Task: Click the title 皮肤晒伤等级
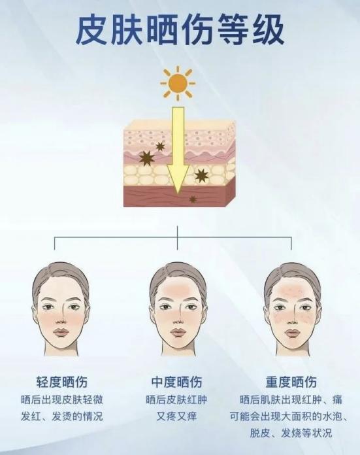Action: click(x=180, y=30)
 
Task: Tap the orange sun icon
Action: click(x=178, y=82)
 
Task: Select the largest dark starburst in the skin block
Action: click(x=146, y=158)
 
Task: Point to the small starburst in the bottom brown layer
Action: click(x=193, y=199)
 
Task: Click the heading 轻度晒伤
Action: click(x=61, y=382)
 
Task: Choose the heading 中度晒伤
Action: click(x=176, y=382)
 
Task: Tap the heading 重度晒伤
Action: click(x=291, y=382)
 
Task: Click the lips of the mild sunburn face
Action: click(x=61, y=332)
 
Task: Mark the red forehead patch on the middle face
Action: click(x=177, y=289)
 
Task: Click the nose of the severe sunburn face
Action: click(x=292, y=317)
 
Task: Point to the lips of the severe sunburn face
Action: click(x=292, y=332)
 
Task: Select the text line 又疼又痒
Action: click(x=176, y=416)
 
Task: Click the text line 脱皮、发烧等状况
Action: click(x=291, y=433)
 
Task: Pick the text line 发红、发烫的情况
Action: click(x=61, y=416)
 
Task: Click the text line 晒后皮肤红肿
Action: click(x=176, y=400)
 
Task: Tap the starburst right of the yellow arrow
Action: click(x=201, y=175)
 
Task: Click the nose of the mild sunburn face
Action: click(x=61, y=317)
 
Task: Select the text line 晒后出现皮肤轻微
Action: click(x=61, y=400)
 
